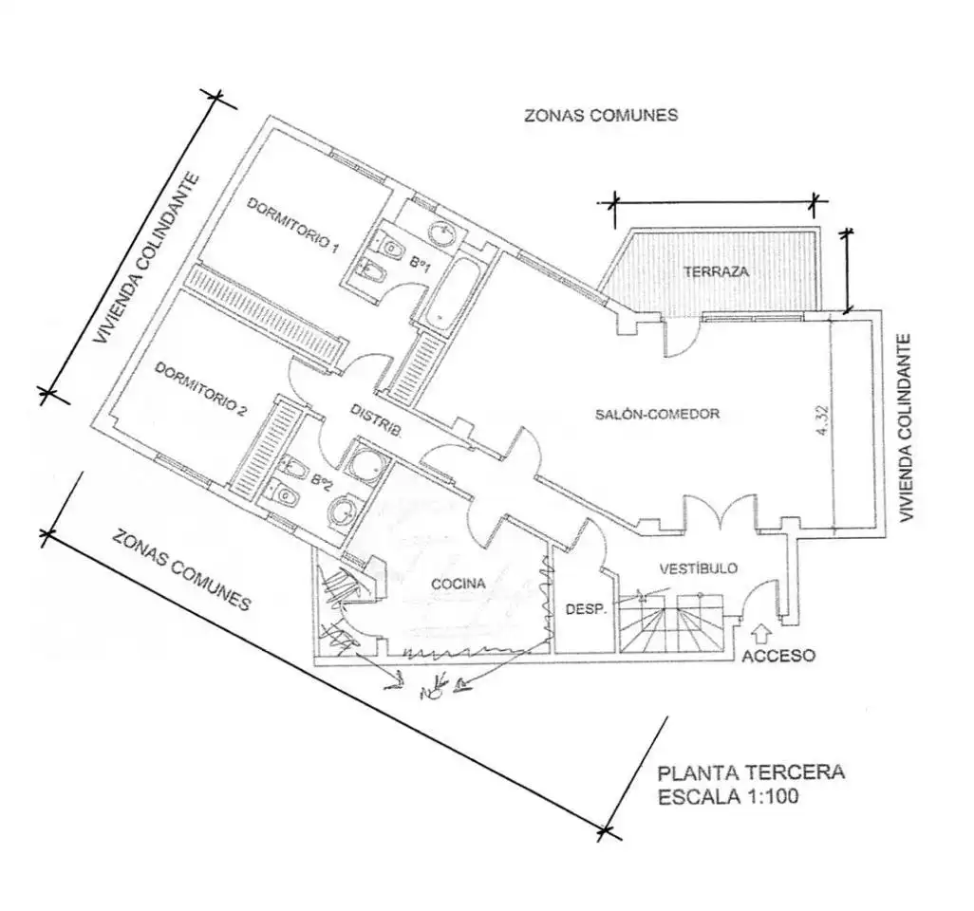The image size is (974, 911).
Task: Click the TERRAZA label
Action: pyautogui.click(x=716, y=271)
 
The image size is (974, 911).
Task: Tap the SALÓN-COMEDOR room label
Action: pyautogui.click(x=657, y=414)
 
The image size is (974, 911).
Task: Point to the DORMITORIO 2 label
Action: pyautogui.click(x=200, y=389)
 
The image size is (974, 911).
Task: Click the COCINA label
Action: pyautogui.click(x=458, y=584)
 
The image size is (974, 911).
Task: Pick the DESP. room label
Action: pyautogui.click(x=585, y=610)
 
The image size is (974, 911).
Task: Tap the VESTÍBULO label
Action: pyautogui.click(x=698, y=568)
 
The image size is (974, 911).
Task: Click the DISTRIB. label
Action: pyautogui.click(x=375, y=421)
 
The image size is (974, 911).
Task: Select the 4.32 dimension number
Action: pyautogui.click(x=823, y=421)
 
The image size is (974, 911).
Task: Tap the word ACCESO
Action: pyautogui.click(x=778, y=655)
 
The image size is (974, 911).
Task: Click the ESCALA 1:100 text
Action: pyautogui.click(x=728, y=796)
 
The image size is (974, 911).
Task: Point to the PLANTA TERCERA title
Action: pyautogui.click(x=751, y=772)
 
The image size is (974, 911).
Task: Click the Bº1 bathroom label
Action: pyautogui.click(x=420, y=263)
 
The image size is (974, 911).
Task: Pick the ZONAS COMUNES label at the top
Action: pyautogui.click(x=601, y=116)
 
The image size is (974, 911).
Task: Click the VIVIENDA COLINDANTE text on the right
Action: pyautogui.click(x=906, y=429)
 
